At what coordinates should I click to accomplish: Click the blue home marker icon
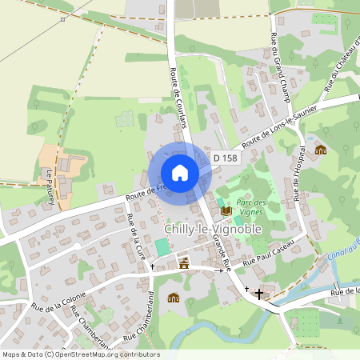[180, 173]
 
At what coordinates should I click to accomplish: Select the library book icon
[226, 210]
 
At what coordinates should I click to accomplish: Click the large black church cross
[258, 294]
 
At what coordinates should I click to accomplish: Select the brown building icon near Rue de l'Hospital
[321, 150]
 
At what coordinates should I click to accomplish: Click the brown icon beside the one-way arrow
[185, 262]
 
